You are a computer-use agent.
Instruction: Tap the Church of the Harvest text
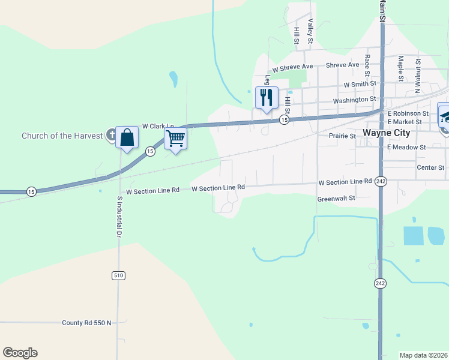pyautogui.click(x=62, y=136)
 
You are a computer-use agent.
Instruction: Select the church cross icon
pyautogui.click(x=110, y=134)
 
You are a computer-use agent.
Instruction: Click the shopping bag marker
pyautogui.click(x=127, y=137)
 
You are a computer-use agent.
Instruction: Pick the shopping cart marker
pyautogui.click(x=175, y=139)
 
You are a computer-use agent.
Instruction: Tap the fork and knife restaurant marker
pyautogui.click(x=267, y=97)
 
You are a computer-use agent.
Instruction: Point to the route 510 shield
pyautogui.click(x=118, y=275)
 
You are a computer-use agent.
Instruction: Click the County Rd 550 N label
pyautogui.click(x=87, y=323)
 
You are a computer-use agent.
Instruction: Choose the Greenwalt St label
pyautogui.click(x=336, y=197)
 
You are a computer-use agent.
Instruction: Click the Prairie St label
pyautogui.click(x=343, y=136)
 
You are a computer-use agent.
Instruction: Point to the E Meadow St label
pyautogui.click(x=406, y=146)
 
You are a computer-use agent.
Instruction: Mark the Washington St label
pyautogui.click(x=354, y=100)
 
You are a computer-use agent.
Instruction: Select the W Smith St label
pyautogui.click(x=360, y=84)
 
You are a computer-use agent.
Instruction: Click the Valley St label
pyautogui.click(x=310, y=31)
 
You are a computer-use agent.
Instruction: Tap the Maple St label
pyautogui.click(x=400, y=68)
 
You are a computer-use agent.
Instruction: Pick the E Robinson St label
pyautogui.click(x=408, y=113)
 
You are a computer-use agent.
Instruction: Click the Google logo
pyautogui.click(x=20, y=353)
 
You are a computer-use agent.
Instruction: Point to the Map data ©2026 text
pyautogui.click(x=423, y=355)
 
